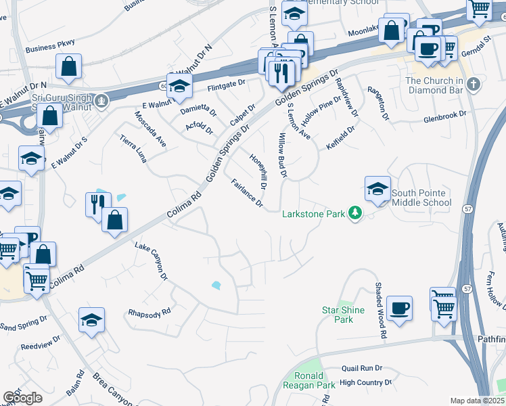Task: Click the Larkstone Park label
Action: point(314,214)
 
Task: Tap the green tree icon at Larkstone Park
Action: point(354,214)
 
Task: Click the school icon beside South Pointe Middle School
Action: point(377,189)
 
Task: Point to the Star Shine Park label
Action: point(343,315)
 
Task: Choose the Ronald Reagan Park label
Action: point(314,380)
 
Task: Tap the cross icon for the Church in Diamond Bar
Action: point(474,85)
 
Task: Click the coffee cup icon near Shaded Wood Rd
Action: point(399,309)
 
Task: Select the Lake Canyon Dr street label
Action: point(151,262)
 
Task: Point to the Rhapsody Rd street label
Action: point(149,313)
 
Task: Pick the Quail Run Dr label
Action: point(362,368)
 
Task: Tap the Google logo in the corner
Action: point(22,397)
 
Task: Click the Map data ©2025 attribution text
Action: point(477,401)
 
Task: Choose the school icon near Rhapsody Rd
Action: point(92,321)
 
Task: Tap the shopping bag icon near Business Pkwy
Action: point(70,66)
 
